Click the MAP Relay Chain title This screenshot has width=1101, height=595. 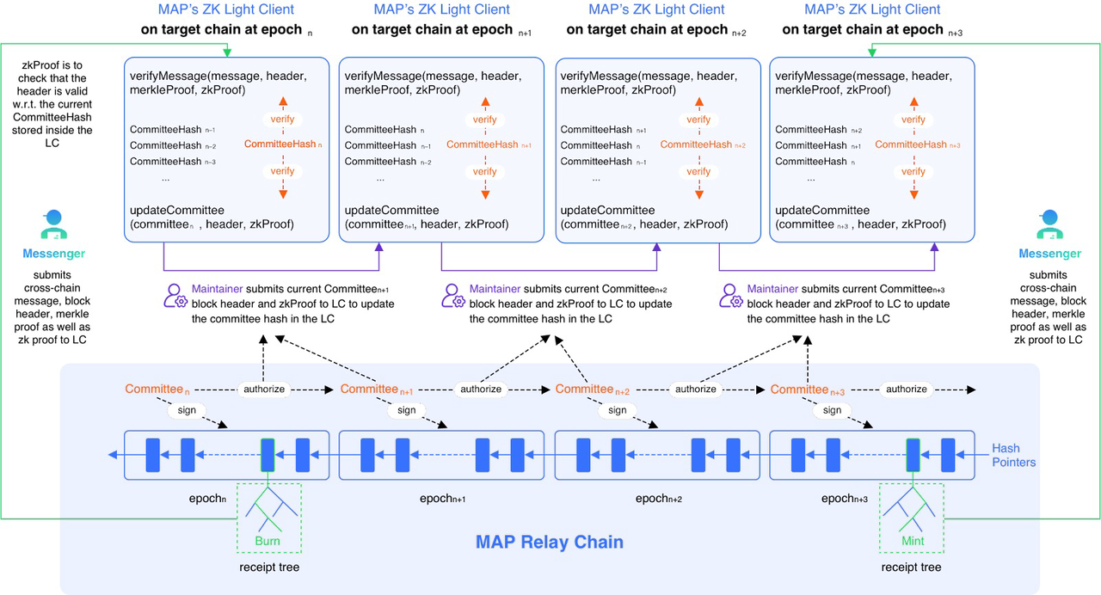click(550, 543)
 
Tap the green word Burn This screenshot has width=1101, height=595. click(268, 542)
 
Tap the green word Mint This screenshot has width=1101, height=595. click(913, 542)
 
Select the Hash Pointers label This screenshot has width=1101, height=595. click(1013, 455)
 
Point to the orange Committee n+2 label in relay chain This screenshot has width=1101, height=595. click(592, 390)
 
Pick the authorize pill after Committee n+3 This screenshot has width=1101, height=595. click(907, 390)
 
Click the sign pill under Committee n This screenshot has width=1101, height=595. click(187, 410)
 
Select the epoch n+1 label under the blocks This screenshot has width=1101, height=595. click(442, 499)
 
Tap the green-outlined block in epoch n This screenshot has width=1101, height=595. click(268, 454)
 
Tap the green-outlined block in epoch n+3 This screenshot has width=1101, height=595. click(913, 454)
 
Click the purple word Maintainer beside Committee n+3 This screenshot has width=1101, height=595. click(775, 290)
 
